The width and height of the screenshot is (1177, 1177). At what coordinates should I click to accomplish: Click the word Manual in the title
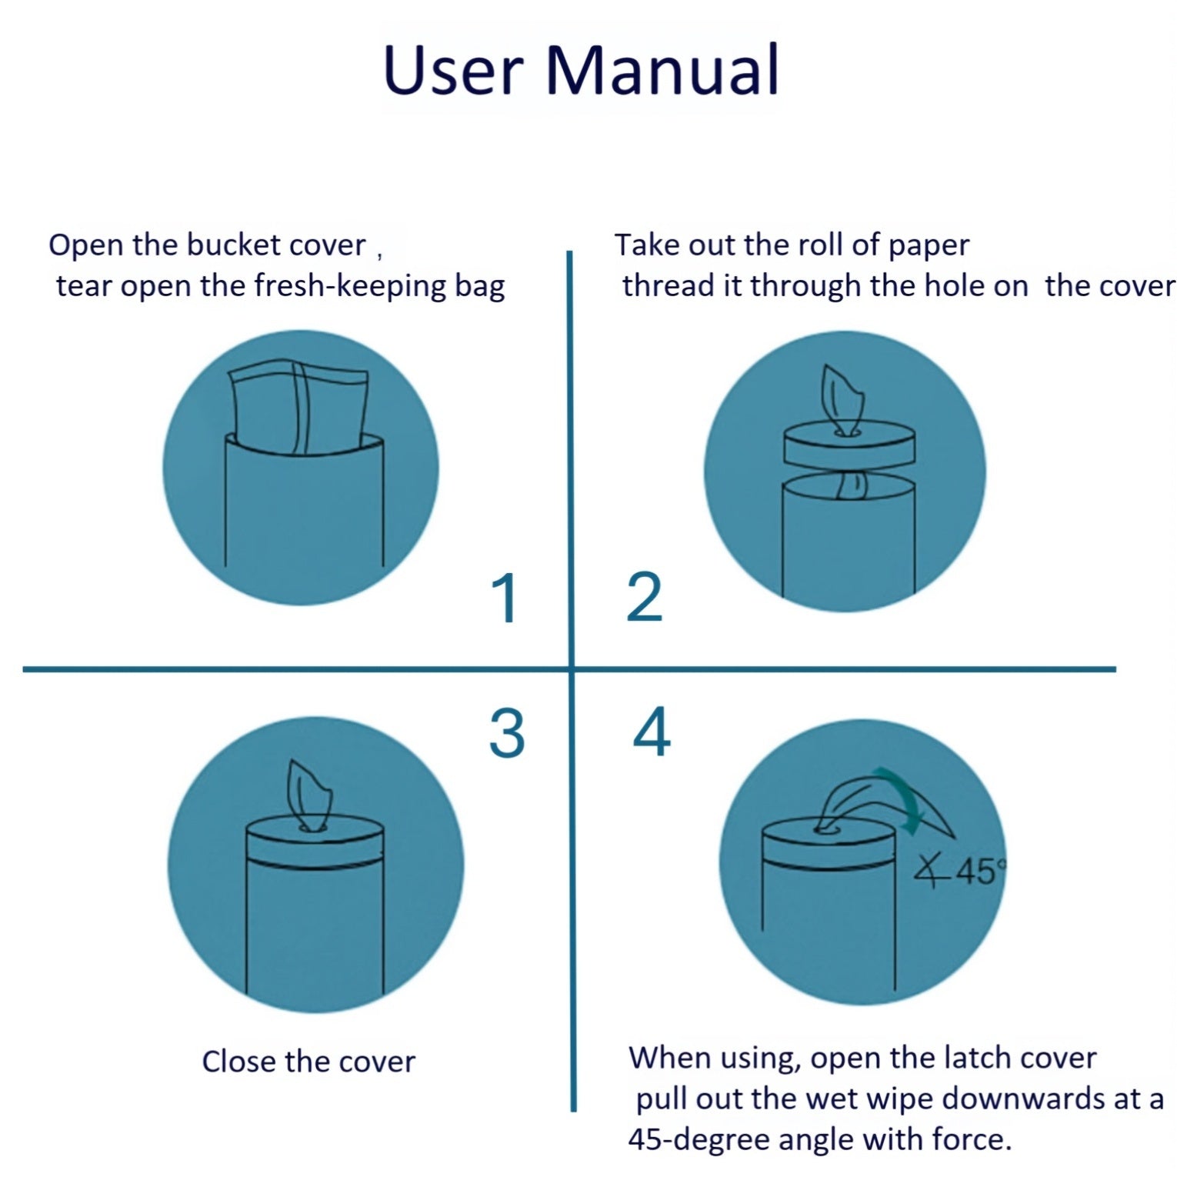[x=662, y=70]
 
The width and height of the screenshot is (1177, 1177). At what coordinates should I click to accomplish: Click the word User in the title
[x=453, y=70]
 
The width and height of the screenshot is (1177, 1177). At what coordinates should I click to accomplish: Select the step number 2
[x=644, y=598]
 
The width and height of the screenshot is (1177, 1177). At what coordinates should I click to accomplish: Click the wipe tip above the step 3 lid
[x=307, y=792]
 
